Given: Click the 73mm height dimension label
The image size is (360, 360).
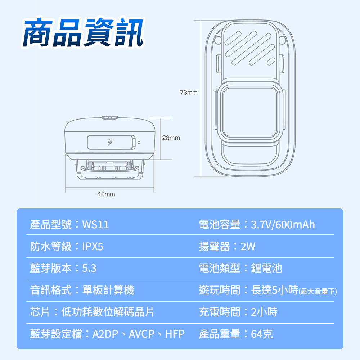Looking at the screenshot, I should [x=189, y=93].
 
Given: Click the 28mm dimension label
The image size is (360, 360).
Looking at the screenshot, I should [x=171, y=138].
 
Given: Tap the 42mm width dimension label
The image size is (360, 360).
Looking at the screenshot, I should [x=106, y=194].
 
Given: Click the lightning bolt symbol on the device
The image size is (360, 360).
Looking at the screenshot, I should [x=110, y=142].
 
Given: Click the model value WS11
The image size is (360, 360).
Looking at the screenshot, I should [x=95, y=225].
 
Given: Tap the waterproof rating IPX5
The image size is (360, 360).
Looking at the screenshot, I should [x=93, y=247].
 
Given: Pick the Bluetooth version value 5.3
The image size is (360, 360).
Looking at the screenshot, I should [x=89, y=269].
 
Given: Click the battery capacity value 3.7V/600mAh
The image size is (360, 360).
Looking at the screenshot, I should [x=283, y=225].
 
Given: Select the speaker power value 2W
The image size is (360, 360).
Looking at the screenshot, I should [x=248, y=247].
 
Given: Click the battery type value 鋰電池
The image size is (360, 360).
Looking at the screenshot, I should [x=267, y=268].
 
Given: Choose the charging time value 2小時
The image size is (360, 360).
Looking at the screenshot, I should [x=264, y=312].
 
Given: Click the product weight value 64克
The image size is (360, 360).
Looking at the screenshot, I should [x=262, y=334].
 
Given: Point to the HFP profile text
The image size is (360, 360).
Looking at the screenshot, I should [x=175, y=334].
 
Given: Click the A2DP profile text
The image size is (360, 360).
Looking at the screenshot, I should [x=105, y=334].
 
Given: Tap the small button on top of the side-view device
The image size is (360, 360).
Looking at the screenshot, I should [x=110, y=117].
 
